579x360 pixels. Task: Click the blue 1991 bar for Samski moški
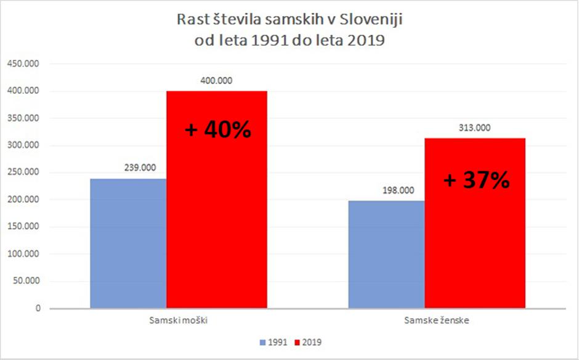point(128,243)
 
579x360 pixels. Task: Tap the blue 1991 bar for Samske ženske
point(386,254)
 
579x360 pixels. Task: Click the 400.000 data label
point(217,81)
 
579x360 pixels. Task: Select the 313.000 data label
point(475,128)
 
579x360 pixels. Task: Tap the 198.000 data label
point(386,190)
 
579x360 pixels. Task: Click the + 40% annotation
point(217,130)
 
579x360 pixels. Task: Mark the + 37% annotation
point(476,180)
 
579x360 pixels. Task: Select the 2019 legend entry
point(312,342)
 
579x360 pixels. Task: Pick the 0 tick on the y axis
point(38,308)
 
